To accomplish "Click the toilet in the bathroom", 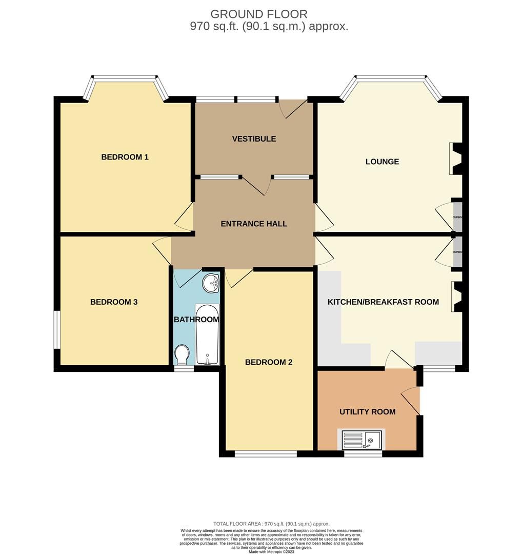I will [x=182, y=354].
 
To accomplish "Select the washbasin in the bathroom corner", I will [x=211, y=283].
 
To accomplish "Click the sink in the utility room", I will [x=363, y=440].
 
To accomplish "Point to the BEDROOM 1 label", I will [x=125, y=157].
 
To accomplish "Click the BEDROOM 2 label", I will [x=268, y=362].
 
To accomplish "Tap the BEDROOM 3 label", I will [x=114, y=302].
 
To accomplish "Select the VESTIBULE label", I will [x=254, y=139].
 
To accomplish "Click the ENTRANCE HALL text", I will [x=254, y=224].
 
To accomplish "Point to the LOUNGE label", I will [x=382, y=162].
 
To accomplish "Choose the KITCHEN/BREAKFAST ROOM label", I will [x=383, y=302].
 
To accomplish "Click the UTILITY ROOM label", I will [x=367, y=411].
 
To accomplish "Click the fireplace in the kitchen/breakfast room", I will [x=457, y=297].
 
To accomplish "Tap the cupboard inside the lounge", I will [x=457, y=217].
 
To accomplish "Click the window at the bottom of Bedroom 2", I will [x=266, y=453].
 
